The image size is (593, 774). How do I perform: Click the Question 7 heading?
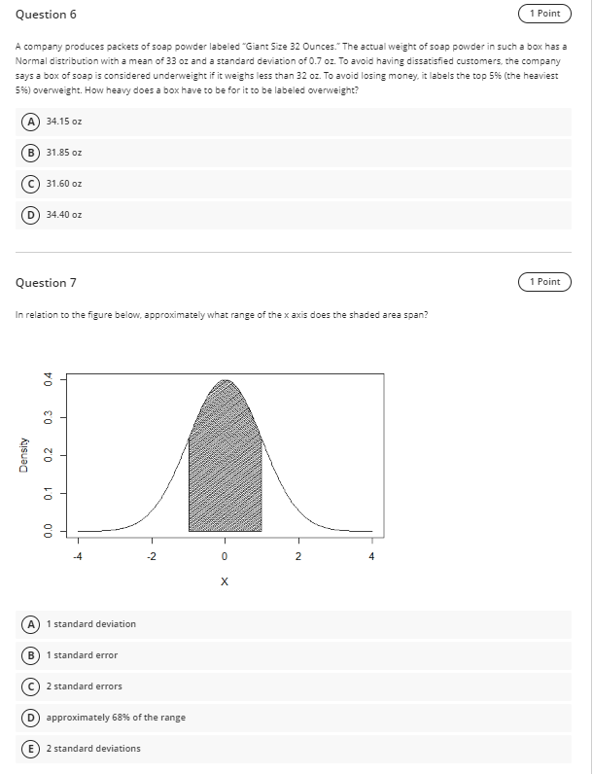(46, 282)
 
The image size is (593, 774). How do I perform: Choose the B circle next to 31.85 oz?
(33, 152)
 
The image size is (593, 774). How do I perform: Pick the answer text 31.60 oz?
(64, 183)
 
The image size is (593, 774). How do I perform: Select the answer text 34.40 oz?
(64, 214)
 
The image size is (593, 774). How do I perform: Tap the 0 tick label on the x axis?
(225, 557)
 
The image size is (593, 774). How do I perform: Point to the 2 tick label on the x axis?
(297, 557)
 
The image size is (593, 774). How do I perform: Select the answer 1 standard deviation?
(91, 624)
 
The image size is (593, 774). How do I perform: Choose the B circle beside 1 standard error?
(33, 655)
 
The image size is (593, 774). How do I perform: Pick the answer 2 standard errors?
(85, 686)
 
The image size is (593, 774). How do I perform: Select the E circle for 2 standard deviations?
(33, 749)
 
